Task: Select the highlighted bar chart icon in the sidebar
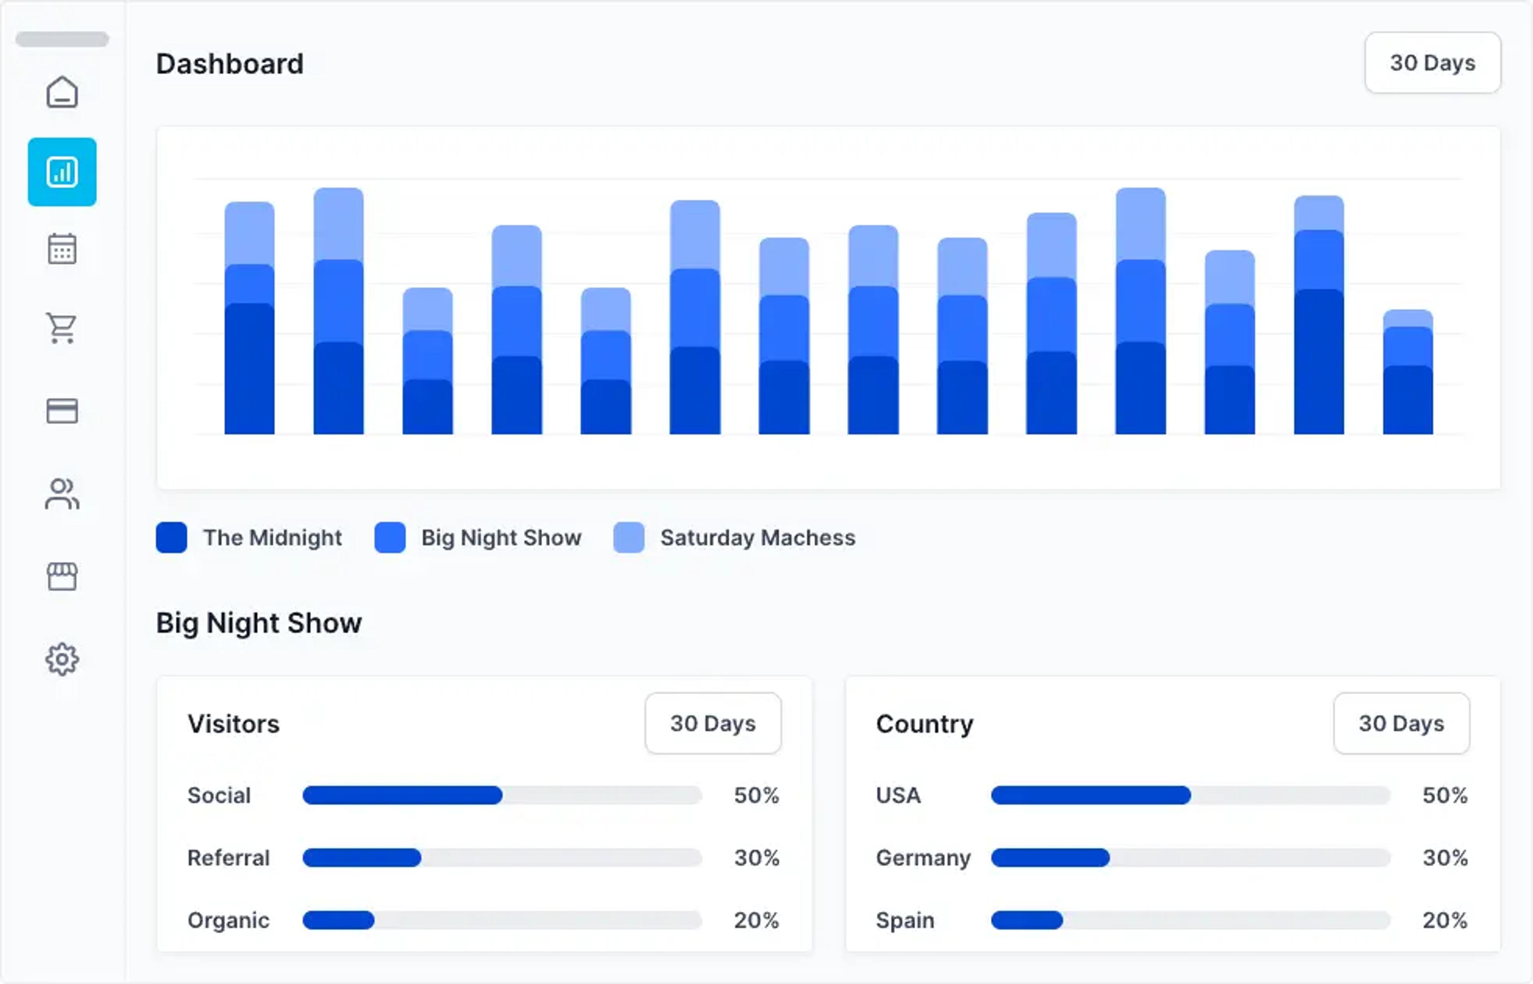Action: pos(62,172)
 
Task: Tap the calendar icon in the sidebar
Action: pos(62,248)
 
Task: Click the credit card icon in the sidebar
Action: pos(62,411)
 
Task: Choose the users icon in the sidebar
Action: pos(62,494)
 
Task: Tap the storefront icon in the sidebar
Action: pos(62,576)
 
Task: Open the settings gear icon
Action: pos(62,659)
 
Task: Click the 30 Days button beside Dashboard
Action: pos(1433,63)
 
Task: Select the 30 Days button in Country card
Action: pos(1401,723)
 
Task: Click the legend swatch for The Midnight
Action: pos(171,538)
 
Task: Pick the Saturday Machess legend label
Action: pos(758,538)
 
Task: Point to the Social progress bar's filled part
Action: pos(402,796)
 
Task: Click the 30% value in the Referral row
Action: pos(756,857)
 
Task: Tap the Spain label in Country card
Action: pos(905,920)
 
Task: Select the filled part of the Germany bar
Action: pos(1050,857)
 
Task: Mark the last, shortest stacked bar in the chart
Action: pos(1408,372)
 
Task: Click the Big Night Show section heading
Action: pos(259,623)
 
